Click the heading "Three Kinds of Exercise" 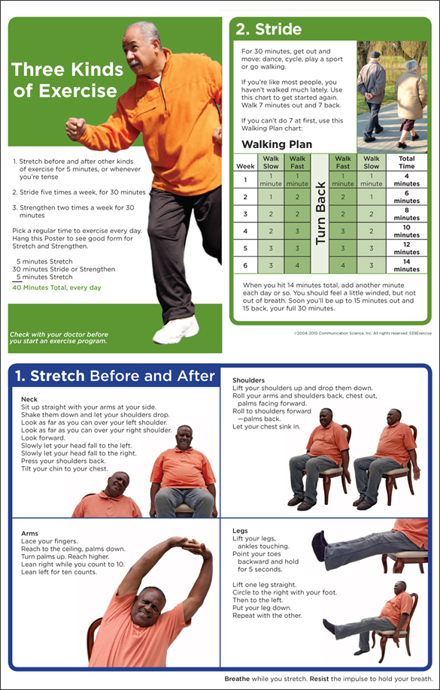point(67,80)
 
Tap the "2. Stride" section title point(269,30)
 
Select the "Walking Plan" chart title point(276,144)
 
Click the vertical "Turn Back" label point(320,213)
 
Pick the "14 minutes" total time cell point(407,265)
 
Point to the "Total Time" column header point(407,162)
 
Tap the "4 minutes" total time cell point(407,180)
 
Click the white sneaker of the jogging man point(177,330)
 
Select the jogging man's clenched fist point(75,129)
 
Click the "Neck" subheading point(29,399)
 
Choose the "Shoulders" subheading point(248,380)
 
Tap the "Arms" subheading point(30,533)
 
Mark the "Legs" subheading point(240,530)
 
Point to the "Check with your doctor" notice point(59,337)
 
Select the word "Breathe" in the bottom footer point(238,679)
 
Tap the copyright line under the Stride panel point(362,331)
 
